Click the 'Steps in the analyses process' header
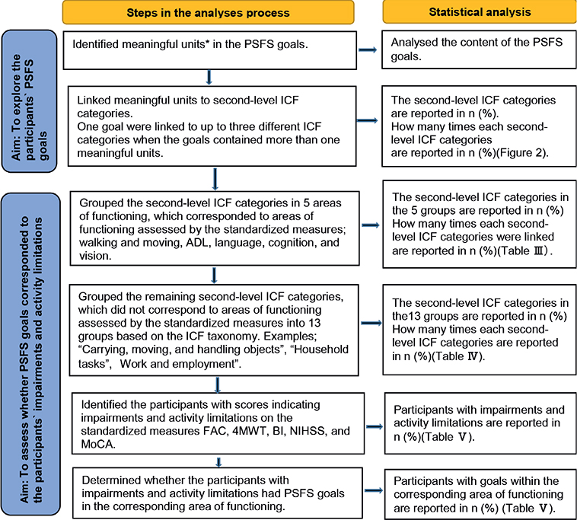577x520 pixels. coord(209,12)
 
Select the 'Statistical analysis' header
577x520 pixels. coord(480,11)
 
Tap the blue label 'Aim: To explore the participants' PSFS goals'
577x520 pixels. coord(29,101)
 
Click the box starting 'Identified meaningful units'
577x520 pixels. coord(210,50)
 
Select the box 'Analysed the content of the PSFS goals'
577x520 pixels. coord(479,49)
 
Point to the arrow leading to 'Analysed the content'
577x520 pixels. coord(368,49)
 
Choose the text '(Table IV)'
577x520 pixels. coord(457,356)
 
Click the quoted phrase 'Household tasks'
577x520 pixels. coord(213,356)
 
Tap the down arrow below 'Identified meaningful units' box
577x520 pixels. coord(209,78)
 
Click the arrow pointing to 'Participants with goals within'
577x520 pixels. coord(374,490)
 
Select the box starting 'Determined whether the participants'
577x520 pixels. coord(218,493)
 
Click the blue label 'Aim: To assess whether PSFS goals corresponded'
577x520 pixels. coord(31,354)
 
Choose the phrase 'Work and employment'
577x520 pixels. coord(177,364)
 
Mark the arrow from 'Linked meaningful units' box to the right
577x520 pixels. coord(367,120)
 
